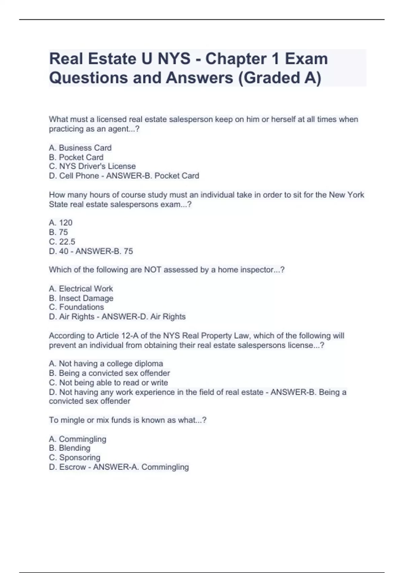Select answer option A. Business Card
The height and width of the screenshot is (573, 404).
pyautogui.click(x=80, y=148)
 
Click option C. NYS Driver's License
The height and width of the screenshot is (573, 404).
pyautogui.click(x=92, y=166)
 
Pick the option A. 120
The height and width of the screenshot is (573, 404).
pyautogui.click(x=61, y=222)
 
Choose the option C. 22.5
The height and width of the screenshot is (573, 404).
pyautogui.click(x=62, y=242)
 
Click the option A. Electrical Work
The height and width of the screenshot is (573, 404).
pyautogui.click(x=81, y=289)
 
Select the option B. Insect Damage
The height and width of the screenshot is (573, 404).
pyautogui.click(x=81, y=298)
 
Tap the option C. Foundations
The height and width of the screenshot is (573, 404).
pyautogui.click(x=76, y=307)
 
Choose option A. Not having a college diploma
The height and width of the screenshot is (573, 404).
pyautogui.click(x=106, y=364)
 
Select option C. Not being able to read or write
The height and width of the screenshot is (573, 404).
pyautogui.click(x=108, y=383)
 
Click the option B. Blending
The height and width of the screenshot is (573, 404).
pyautogui.click(x=70, y=448)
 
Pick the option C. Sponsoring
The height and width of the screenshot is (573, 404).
pyautogui.click(x=75, y=457)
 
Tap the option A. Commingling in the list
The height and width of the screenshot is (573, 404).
pyautogui.click(x=77, y=439)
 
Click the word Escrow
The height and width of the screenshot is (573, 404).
pyautogui.click(x=73, y=467)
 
